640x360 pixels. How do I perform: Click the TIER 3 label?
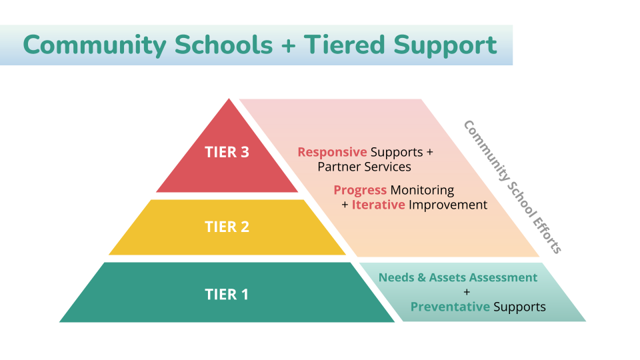tap(227, 152)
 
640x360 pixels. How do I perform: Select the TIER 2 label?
tap(227, 227)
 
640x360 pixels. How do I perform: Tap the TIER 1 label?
tap(227, 294)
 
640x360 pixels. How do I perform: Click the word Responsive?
tap(332, 152)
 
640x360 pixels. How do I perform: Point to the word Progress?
tap(360, 191)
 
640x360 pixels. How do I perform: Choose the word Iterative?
tap(378, 205)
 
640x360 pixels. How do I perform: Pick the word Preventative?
tap(450, 307)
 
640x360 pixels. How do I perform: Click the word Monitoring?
tap(422, 191)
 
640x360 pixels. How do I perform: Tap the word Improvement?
tap(448, 205)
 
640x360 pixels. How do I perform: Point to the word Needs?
tap(396, 277)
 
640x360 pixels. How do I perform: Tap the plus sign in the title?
tap(288, 46)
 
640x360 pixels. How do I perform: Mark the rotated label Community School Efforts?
tap(513, 187)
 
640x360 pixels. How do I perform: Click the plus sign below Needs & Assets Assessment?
tap(467, 292)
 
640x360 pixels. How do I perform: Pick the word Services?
tap(387, 166)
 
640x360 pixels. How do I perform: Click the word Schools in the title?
tap(223, 45)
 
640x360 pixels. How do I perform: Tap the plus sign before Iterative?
tap(345, 205)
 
